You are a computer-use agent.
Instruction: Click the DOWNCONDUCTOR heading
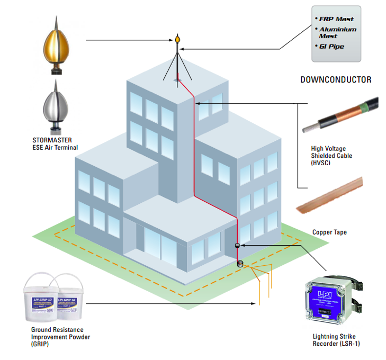point(336,80)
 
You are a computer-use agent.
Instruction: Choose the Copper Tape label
point(329,232)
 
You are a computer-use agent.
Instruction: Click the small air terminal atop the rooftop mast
point(178,40)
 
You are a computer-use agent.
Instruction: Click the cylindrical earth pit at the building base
point(240,263)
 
